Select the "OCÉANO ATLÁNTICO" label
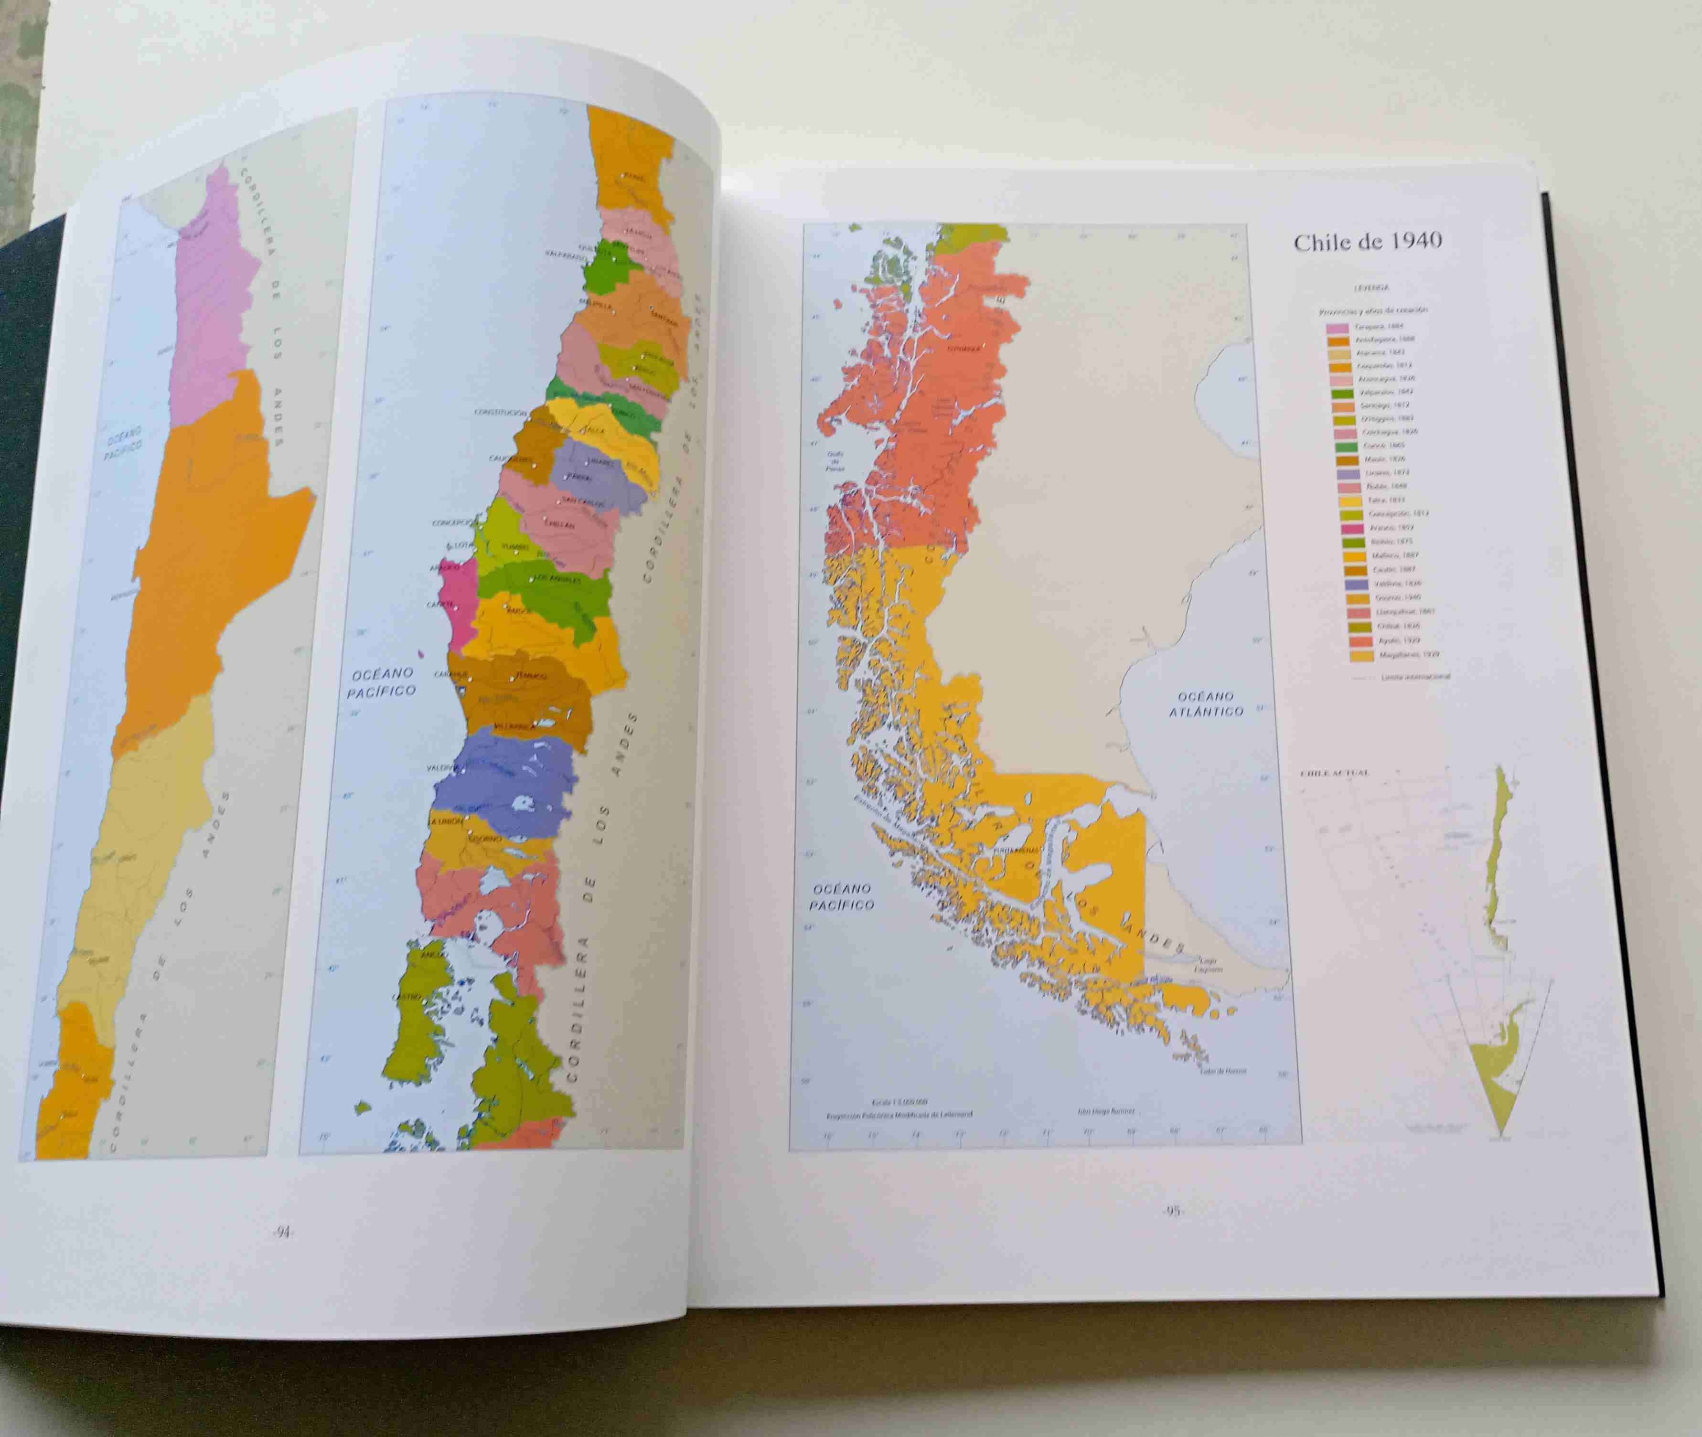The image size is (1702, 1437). coord(1206,704)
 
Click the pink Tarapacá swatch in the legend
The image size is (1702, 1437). coord(1337,327)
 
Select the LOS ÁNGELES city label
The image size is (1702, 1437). coord(557,579)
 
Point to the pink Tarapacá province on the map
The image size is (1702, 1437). coord(214,301)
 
